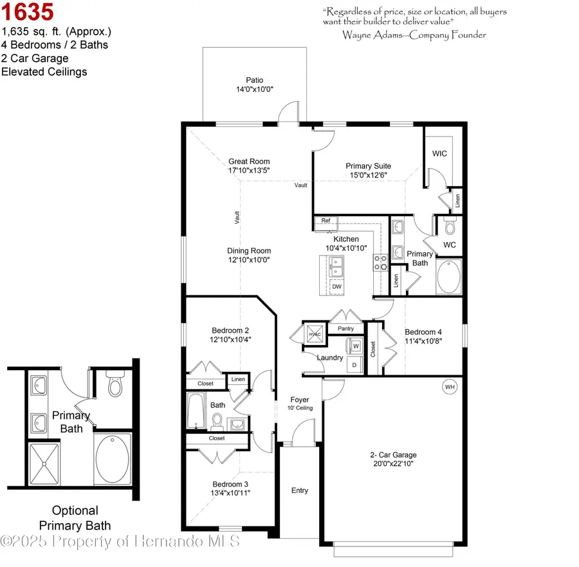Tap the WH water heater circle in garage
[448, 386]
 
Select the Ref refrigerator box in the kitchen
[326, 221]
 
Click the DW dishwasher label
[336, 286]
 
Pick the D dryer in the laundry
[354, 364]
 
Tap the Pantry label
[345, 329]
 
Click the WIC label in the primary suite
[439, 154]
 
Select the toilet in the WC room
[450, 227]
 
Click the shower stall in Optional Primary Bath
[44, 463]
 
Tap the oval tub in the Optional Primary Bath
[112, 461]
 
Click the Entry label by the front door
[300, 490]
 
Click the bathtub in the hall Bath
[196, 413]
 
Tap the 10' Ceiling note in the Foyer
[300, 408]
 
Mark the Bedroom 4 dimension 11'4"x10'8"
[423, 342]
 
